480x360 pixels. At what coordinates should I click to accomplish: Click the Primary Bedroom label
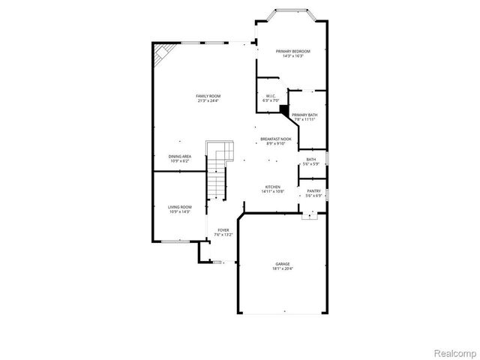click(x=292, y=51)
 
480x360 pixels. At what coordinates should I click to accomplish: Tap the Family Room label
click(x=208, y=96)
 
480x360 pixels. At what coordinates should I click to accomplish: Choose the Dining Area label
click(x=180, y=156)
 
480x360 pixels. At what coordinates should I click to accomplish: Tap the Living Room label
click(x=179, y=207)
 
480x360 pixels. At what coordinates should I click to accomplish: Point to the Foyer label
click(x=223, y=230)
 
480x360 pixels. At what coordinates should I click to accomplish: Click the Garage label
click(x=283, y=264)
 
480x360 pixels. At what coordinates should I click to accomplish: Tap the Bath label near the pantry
click(x=310, y=159)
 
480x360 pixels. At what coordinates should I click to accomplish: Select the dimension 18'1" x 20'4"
click(x=283, y=268)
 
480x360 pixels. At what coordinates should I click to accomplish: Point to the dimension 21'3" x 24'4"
click(x=208, y=101)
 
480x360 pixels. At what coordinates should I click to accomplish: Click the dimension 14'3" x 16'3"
click(x=292, y=56)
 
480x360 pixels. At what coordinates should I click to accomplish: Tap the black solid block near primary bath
click(x=284, y=109)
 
